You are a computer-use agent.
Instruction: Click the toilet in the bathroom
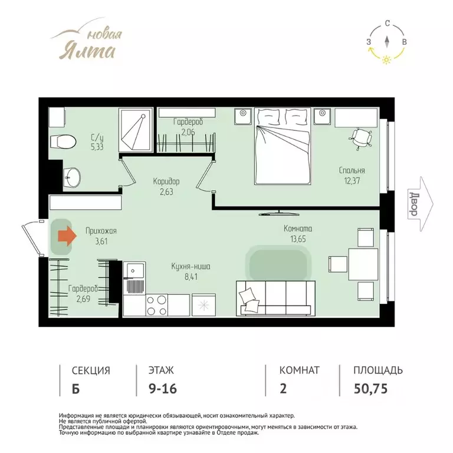pos(63,142)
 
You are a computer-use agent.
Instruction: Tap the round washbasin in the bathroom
pos(71,177)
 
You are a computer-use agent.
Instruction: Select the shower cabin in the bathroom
pos(136,130)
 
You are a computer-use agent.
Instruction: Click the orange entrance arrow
pos(67,236)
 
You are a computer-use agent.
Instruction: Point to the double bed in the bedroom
pos(283,146)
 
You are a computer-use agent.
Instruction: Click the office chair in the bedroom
pos(361,139)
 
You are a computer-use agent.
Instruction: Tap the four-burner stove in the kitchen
pos(157,305)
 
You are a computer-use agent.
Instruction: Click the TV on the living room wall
pos(279,213)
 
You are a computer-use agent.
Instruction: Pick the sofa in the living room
pos(275,298)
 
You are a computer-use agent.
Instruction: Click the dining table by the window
pos(363,264)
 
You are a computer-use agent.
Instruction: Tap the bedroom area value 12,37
pos(352,181)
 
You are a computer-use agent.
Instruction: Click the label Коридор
pos(166,182)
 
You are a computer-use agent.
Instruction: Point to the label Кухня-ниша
pos(191,267)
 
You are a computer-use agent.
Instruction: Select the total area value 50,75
pos(370,389)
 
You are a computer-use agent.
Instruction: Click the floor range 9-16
pos(163,389)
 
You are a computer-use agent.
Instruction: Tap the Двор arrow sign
pos(421,204)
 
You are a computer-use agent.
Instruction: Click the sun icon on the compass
pos(386,60)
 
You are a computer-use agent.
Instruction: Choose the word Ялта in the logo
pos(87,51)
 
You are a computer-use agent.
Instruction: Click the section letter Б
pos(75,389)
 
